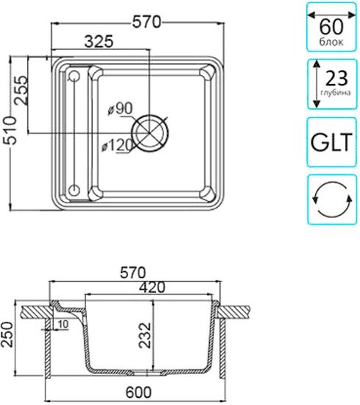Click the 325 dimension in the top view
pyautogui.click(x=99, y=41)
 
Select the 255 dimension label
pyautogui.click(x=21, y=90)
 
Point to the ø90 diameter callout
pyautogui.click(x=120, y=109)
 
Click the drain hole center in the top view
pyautogui.click(x=149, y=133)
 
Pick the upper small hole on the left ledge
pyautogui.click(x=74, y=76)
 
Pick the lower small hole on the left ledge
pyautogui.click(x=74, y=190)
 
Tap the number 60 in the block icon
pyautogui.click(x=331, y=27)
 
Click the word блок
pyautogui.click(x=331, y=42)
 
